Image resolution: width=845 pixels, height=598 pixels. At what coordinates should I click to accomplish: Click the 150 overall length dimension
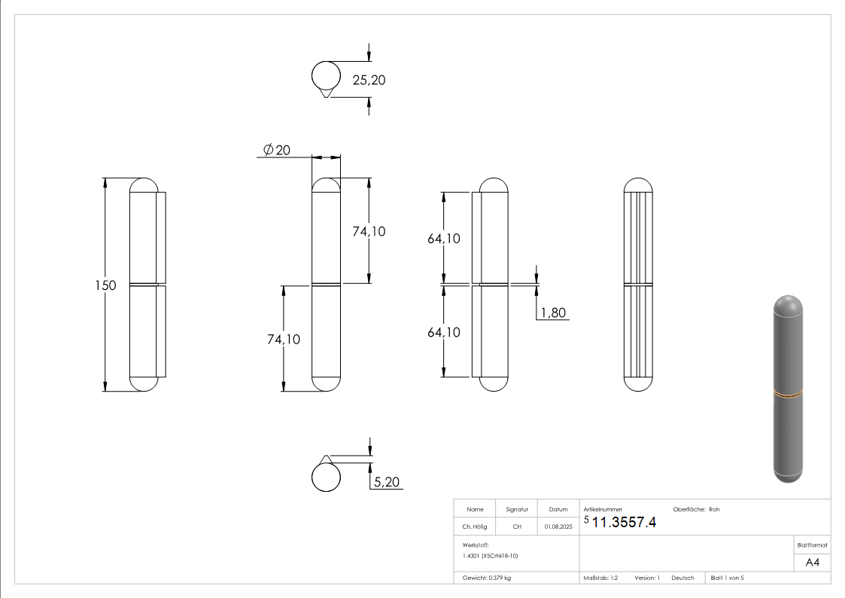[105, 285]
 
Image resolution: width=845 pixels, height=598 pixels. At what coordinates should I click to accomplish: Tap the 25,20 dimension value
[369, 80]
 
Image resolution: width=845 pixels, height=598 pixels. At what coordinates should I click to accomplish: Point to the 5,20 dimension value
[386, 481]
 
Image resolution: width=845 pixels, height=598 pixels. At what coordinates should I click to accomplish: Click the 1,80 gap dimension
[553, 313]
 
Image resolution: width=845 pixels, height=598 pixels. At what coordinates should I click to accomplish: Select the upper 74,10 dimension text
[369, 231]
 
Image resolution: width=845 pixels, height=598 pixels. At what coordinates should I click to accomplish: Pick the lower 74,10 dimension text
[283, 340]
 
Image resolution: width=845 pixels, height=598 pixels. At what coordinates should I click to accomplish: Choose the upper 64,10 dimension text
[443, 239]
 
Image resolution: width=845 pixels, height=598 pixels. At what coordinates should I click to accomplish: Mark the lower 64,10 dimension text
[443, 332]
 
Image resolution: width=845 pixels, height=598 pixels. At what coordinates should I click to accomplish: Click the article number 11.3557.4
[624, 523]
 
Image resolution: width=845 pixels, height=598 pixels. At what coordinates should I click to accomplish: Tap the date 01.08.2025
[558, 527]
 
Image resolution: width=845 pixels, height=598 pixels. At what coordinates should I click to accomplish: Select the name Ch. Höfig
[474, 527]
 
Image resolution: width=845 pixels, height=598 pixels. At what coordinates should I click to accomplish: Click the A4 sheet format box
[812, 563]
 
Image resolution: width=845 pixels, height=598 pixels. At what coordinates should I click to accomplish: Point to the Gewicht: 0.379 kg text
[486, 578]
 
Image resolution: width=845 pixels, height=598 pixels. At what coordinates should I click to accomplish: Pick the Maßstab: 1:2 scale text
[600, 578]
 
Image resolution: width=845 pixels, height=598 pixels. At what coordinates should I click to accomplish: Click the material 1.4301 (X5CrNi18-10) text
[491, 555]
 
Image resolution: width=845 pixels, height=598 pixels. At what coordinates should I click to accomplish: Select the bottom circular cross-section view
[325, 477]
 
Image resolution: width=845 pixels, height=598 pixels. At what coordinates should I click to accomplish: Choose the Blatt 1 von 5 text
[727, 578]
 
